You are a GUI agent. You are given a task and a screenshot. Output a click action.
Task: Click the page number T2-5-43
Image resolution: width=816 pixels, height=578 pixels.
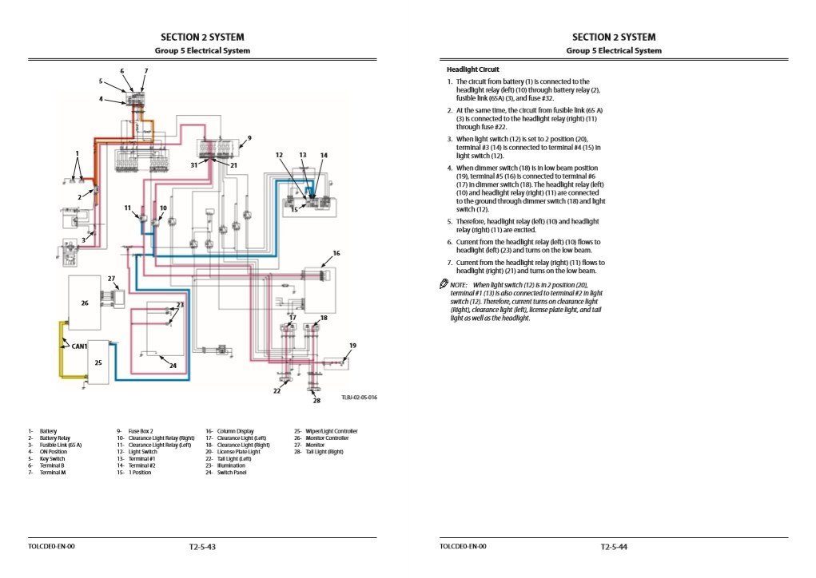(x=202, y=547)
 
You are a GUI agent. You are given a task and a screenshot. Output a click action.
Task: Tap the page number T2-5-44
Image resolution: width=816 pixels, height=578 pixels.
(x=614, y=547)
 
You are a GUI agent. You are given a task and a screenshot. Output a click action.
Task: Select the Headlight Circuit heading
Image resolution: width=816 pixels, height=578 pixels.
(x=472, y=69)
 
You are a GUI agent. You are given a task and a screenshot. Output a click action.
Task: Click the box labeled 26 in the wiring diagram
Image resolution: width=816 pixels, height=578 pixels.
(x=85, y=303)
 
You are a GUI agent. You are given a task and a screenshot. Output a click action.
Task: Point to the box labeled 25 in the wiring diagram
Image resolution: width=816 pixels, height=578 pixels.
(x=98, y=362)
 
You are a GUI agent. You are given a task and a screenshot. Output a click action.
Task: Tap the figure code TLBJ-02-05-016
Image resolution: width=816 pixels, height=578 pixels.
(x=359, y=397)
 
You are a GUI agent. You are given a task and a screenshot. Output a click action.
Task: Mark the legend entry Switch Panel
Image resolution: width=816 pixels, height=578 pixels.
(x=232, y=473)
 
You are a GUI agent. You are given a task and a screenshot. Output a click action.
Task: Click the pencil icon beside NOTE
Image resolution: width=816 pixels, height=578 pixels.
(x=444, y=284)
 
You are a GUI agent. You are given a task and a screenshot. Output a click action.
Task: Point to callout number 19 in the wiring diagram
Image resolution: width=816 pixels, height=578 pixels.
(x=352, y=345)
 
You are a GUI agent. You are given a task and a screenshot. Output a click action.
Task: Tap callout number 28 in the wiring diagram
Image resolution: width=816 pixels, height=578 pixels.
(x=316, y=400)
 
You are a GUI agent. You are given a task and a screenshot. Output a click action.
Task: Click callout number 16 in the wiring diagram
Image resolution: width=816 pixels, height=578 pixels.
(x=336, y=253)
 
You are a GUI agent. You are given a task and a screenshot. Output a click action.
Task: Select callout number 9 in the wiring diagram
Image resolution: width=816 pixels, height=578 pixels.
(x=249, y=137)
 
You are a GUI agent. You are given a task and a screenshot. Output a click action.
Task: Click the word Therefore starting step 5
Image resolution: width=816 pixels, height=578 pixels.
(x=472, y=221)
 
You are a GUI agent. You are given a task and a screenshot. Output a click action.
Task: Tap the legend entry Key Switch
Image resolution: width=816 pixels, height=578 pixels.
(x=52, y=459)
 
